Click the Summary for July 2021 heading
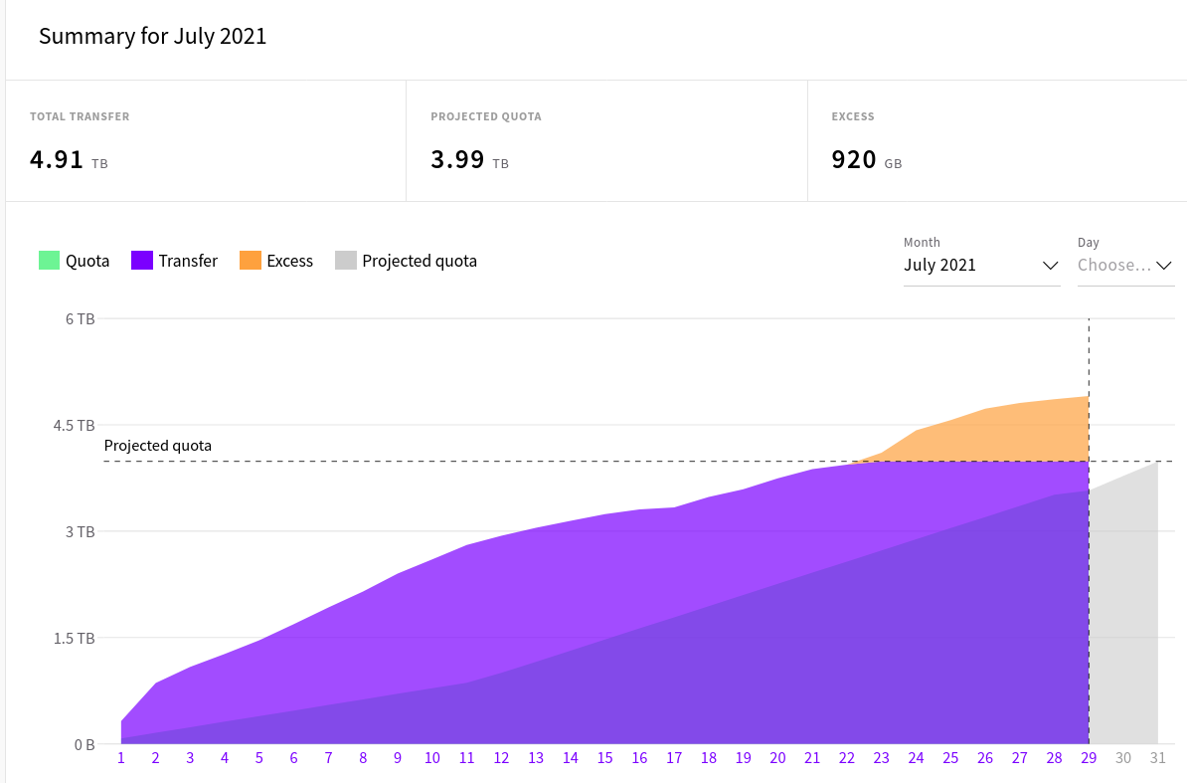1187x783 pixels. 152,37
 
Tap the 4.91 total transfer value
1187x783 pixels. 57,160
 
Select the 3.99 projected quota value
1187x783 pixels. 457,160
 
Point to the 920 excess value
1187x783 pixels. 854,160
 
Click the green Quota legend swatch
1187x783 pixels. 49,261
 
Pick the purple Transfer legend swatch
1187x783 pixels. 142,261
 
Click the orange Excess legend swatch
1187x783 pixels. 250,261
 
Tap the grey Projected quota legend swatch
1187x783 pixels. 345,261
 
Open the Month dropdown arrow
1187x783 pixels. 1050,266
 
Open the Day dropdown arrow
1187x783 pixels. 1164,266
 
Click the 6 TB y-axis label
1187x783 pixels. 80,319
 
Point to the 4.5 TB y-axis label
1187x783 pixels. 74,426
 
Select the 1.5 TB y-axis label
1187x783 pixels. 74,638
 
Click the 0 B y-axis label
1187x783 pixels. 84,744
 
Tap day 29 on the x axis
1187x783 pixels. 1089,758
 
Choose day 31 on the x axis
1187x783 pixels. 1157,758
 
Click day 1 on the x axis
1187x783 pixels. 121,758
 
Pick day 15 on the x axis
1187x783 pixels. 604,758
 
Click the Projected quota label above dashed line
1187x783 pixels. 158,446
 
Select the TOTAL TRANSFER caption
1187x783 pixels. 80,116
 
